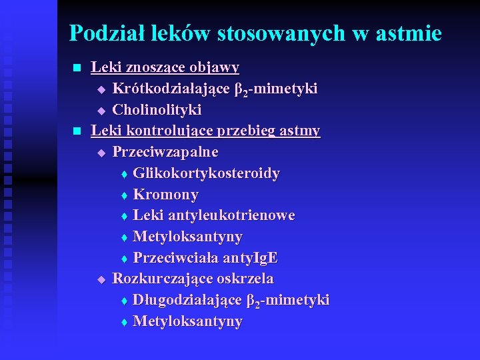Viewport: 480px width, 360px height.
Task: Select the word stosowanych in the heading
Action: click(273, 33)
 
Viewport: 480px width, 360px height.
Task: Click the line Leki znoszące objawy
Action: click(165, 67)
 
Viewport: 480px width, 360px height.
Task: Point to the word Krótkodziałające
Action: click(171, 89)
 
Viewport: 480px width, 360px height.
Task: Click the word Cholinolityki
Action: click(157, 109)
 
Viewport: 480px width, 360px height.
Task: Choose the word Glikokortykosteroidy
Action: click(206, 173)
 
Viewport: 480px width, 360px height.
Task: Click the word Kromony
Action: click(165, 195)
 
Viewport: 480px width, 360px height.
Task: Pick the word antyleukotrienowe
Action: click(231, 215)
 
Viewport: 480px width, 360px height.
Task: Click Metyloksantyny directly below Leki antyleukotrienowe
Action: click(187, 237)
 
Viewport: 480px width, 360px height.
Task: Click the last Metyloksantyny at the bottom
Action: click(187, 321)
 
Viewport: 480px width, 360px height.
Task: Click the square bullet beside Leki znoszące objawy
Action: click(76, 68)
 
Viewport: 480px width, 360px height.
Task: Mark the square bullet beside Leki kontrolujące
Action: click(76, 131)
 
